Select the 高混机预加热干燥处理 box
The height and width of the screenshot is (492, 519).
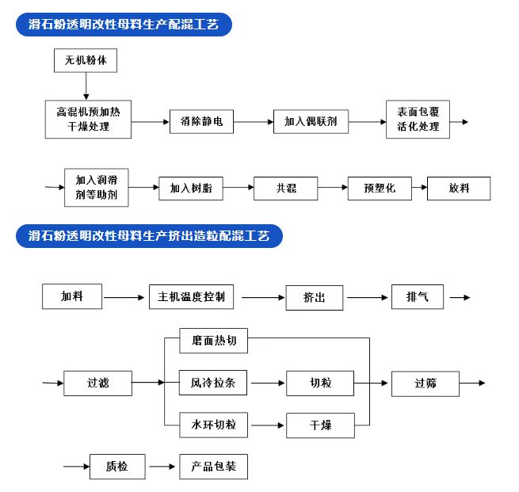[88, 119]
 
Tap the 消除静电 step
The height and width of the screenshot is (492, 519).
[202, 122]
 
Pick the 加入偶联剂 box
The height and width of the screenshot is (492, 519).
[311, 122]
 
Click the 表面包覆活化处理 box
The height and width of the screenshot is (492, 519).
[418, 120]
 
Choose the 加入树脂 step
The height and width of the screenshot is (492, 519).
[191, 188]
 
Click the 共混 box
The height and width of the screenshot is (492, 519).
[286, 188]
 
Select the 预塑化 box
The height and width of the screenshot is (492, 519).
[380, 188]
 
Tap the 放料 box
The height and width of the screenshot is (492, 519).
[459, 188]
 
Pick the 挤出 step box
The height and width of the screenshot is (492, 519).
[315, 298]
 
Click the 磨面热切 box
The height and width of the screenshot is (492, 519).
[213, 341]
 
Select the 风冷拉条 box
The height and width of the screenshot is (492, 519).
[213, 383]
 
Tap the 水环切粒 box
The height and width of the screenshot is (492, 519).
[213, 425]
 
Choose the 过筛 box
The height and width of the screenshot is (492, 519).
[425, 383]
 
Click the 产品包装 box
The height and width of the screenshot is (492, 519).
[213, 467]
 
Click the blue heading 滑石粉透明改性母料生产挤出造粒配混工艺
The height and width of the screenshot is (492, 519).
[149, 236]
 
